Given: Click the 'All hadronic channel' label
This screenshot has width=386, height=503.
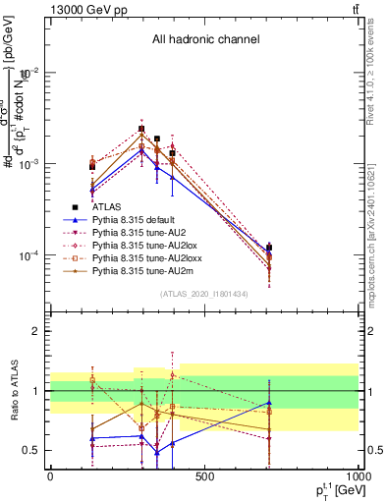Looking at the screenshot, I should point(205,40).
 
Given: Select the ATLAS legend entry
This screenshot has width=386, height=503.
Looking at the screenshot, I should point(108,207).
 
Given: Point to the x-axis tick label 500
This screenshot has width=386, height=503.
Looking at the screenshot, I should point(204,475).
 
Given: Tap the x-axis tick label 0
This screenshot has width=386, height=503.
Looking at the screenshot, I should point(50,475).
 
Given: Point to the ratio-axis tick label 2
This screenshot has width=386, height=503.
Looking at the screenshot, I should point(36,331).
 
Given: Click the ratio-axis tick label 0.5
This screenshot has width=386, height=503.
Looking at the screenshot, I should point(30,450).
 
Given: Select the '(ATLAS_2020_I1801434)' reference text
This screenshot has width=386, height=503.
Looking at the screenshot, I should point(203,294).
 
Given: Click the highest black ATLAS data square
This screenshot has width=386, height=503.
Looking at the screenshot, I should point(141,129).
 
